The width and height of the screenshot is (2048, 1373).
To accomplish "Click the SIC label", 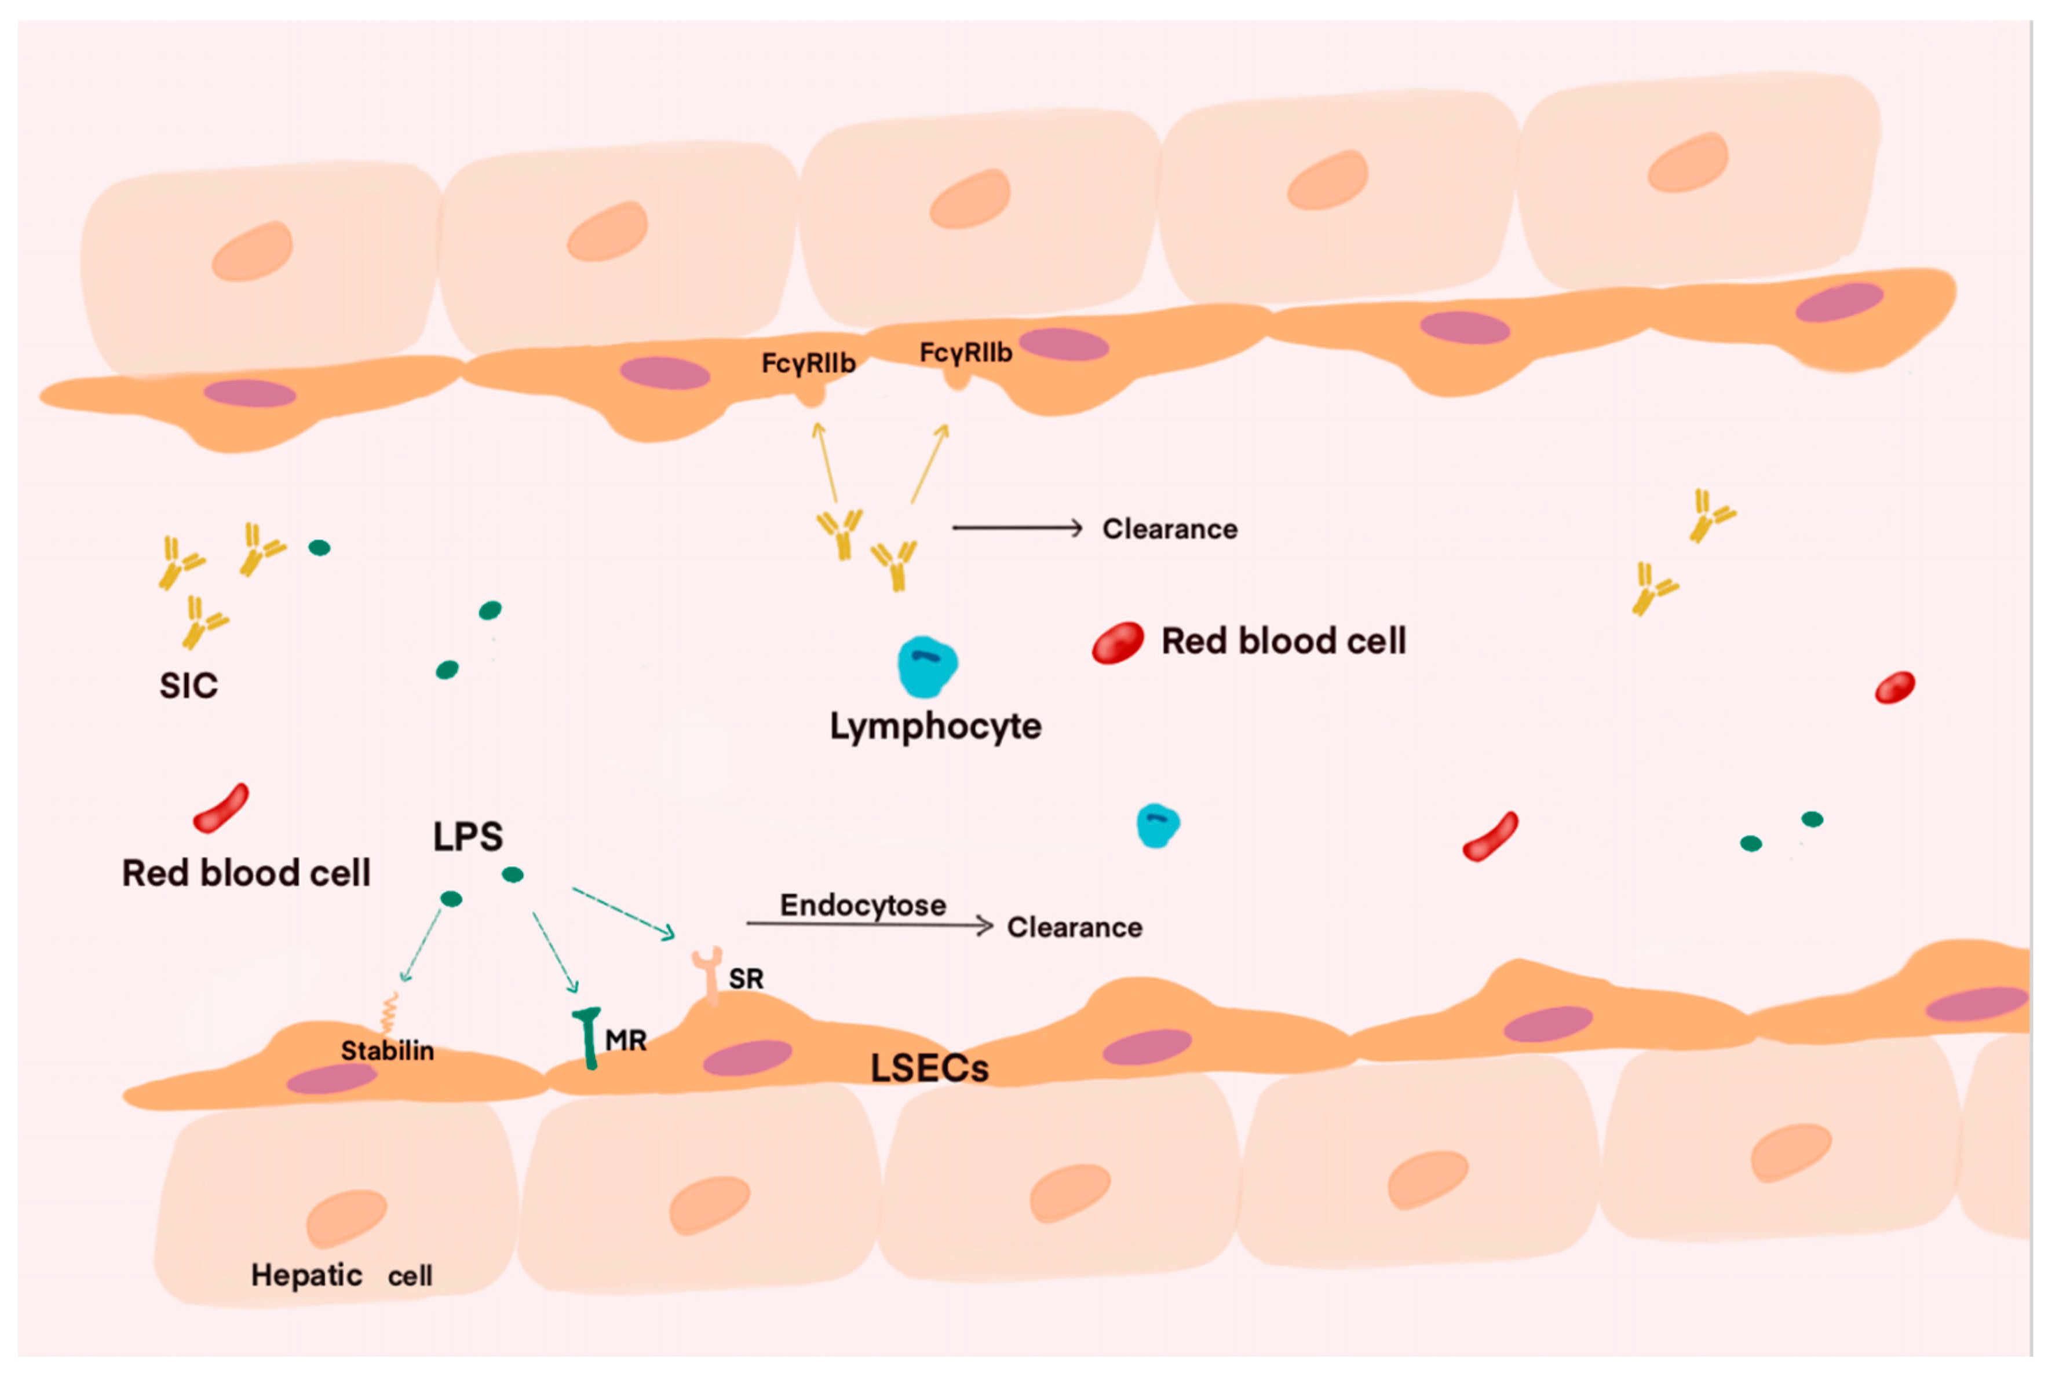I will pyautogui.click(x=188, y=686).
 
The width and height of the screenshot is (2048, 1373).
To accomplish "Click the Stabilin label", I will pyautogui.click(x=387, y=1051).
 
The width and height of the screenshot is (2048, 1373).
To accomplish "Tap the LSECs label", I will pyautogui.click(x=929, y=1068).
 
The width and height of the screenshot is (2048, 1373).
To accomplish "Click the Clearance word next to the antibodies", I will pyautogui.click(x=1169, y=529).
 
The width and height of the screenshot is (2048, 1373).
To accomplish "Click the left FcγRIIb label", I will pyautogui.click(x=808, y=363).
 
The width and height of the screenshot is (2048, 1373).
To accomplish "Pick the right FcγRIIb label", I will pyautogui.click(x=965, y=353).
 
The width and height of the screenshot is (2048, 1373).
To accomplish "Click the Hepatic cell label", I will pyautogui.click(x=342, y=1275).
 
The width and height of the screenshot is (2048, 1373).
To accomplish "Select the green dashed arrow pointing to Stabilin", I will pyautogui.click(x=421, y=946).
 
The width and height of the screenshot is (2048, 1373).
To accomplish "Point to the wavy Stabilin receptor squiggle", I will pyautogui.click(x=388, y=1014).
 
